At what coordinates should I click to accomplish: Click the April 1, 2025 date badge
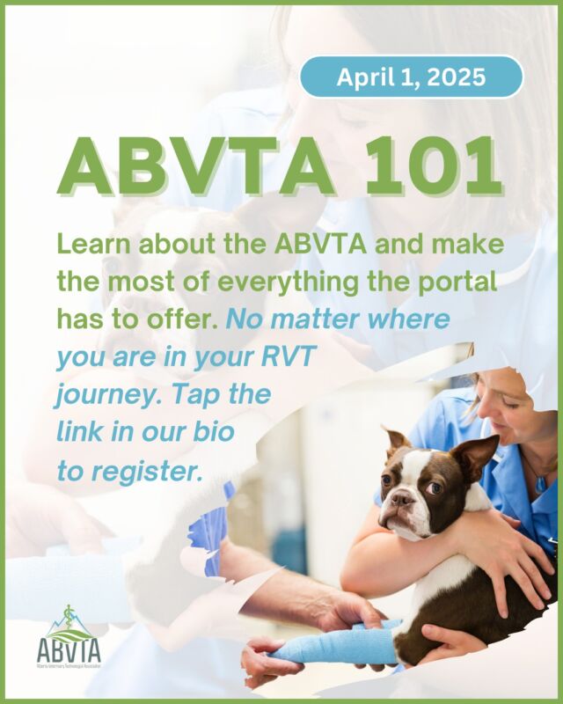pyautogui.click(x=411, y=77)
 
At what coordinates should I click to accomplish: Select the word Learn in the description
pyautogui.click(x=93, y=244)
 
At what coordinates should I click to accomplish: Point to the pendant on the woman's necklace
pyautogui.click(x=540, y=481)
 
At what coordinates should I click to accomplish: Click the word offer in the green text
pyautogui.click(x=179, y=319)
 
